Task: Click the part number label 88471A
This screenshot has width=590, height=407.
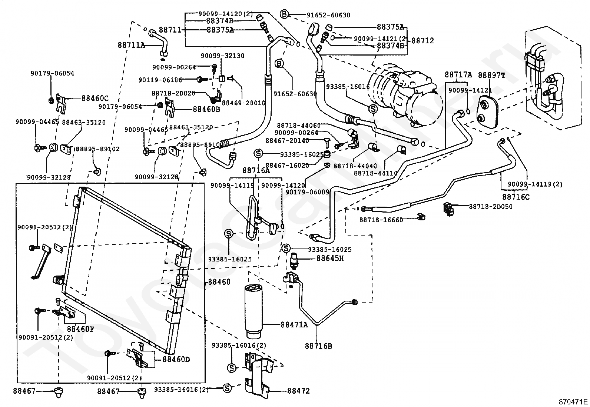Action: (294, 325)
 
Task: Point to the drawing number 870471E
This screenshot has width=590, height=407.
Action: (573, 401)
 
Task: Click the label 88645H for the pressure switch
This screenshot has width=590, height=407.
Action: (330, 258)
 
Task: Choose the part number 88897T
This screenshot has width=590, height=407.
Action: (491, 75)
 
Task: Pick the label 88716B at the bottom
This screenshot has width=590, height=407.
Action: (318, 346)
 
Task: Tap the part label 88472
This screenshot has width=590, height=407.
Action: (298, 391)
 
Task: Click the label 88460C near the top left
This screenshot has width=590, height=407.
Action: (95, 99)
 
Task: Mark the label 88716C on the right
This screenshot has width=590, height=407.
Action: (516, 197)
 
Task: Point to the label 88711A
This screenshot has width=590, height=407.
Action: (132, 45)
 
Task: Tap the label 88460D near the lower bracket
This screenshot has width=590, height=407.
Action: (176, 360)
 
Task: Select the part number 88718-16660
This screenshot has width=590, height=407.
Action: (381, 220)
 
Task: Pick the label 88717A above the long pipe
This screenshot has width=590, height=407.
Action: (458, 75)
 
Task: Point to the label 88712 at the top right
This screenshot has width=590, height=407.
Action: (422, 40)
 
